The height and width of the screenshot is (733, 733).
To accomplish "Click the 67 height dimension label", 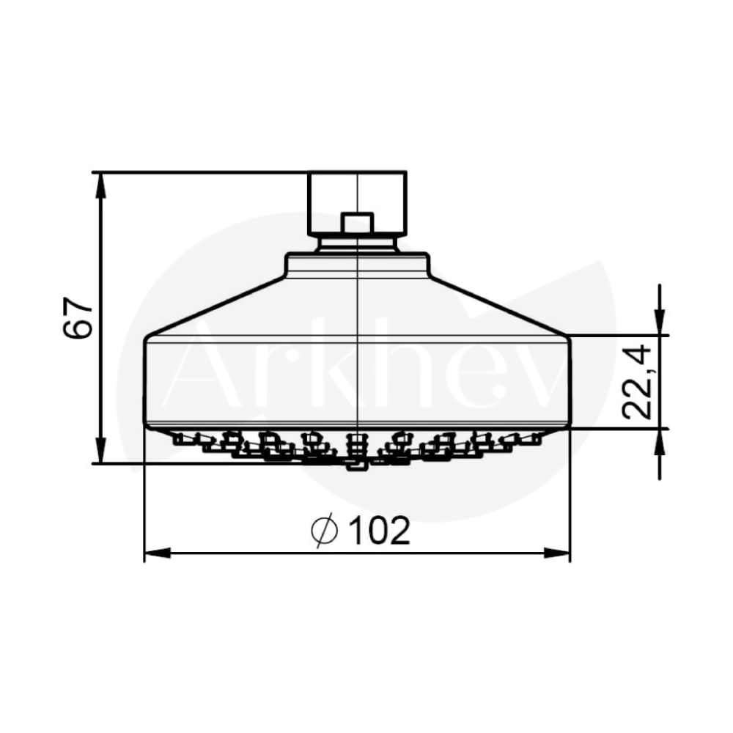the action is pos(78,317).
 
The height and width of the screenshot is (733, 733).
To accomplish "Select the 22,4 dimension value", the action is pos(637,381).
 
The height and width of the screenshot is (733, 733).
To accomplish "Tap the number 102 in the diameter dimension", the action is pos(380,530).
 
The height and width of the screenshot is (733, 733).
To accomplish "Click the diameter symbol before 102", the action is pos(324,530).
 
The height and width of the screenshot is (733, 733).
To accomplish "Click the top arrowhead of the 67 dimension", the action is pos(100,185).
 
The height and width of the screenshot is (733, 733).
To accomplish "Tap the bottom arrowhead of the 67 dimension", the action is pos(100,450).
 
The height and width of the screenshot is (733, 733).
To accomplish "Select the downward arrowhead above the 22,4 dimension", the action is pos(660,323).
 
